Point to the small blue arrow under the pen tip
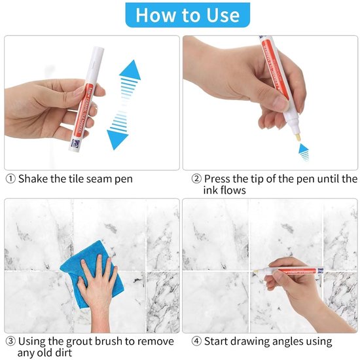[304, 152]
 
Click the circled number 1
[10, 179]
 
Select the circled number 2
[196, 179]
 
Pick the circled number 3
[10, 342]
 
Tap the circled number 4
[196, 342]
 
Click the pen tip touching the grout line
[255, 272]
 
